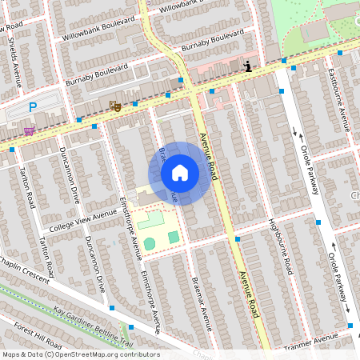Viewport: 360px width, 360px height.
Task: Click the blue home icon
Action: (x=180, y=173)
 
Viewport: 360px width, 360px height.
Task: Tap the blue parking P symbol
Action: (x=33, y=106)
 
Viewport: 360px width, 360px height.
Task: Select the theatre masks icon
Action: (x=115, y=105)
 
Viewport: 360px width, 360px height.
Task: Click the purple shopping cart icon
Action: (x=29, y=131)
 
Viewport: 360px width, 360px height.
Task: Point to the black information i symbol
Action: (x=248, y=66)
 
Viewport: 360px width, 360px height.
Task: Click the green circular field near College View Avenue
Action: (x=150, y=242)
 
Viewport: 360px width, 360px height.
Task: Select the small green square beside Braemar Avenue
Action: (x=174, y=237)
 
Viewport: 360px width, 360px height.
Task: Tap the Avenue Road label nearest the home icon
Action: (x=208, y=156)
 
